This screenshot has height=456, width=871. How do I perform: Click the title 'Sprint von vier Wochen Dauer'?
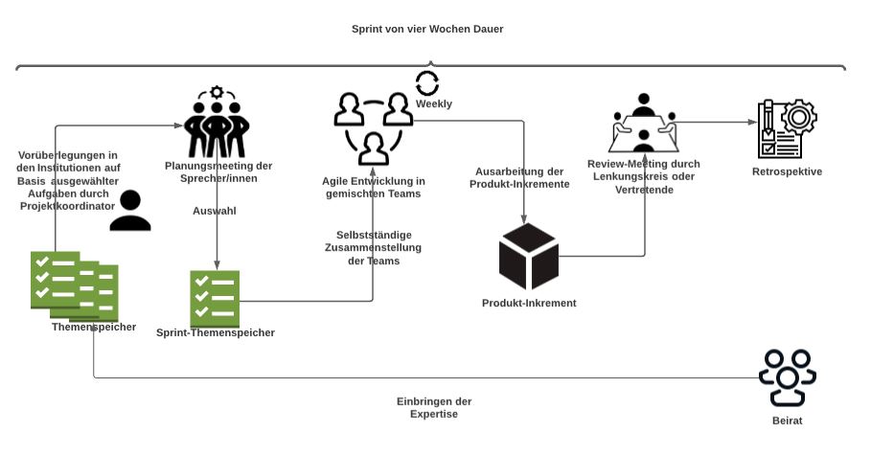[x=427, y=29]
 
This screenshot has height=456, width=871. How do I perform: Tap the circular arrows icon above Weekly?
[x=427, y=83]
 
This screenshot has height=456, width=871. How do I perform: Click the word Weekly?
[x=433, y=103]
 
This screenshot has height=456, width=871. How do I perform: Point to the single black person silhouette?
[x=130, y=211]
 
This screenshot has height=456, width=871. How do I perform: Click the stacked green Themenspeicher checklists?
[x=74, y=285]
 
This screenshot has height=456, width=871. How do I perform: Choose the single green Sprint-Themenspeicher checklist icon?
[x=215, y=299]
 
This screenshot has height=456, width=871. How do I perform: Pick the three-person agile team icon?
[x=373, y=126]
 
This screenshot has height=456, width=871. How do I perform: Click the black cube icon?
[x=528, y=257]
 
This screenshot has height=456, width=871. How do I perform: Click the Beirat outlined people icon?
[x=787, y=377]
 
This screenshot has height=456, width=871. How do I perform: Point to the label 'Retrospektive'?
[x=788, y=171]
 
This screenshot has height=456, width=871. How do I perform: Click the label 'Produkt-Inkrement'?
[x=529, y=304]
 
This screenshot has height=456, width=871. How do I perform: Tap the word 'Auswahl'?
[x=215, y=211]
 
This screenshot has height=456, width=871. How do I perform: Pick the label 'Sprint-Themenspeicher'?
[x=216, y=332]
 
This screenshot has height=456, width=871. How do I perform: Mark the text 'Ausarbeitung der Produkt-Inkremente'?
[x=522, y=177]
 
